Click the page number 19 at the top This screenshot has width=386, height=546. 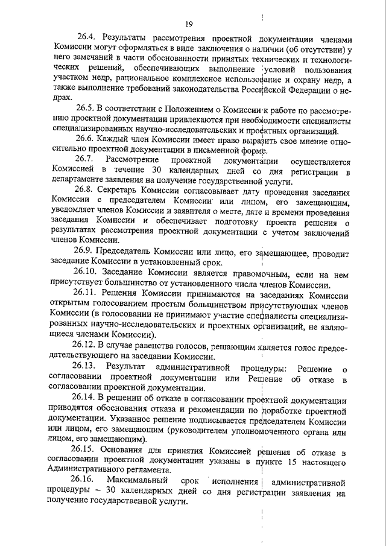point(189,24)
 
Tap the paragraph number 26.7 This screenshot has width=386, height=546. point(86,160)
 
